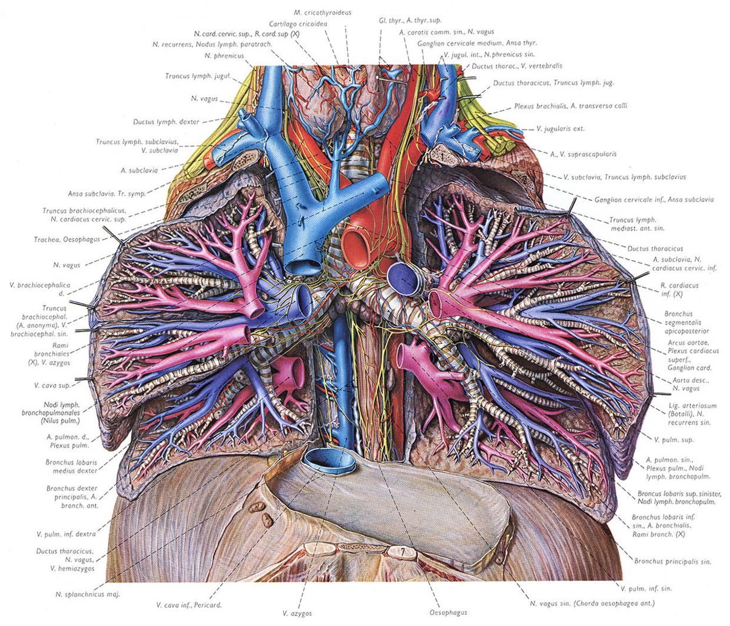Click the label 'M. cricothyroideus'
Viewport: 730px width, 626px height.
click(323, 13)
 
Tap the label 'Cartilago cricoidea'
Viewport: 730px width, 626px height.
click(298, 24)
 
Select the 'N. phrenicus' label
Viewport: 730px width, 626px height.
click(224, 55)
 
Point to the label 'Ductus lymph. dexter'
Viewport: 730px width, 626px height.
click(166, 122)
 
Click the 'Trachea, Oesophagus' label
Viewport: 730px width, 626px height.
click(67, 240)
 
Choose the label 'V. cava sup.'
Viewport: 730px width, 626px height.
click(52, 385)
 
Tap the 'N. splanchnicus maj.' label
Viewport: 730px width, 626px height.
click(88, 594)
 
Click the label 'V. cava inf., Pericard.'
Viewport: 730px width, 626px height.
click(189, 605)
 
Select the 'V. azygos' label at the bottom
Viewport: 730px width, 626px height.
click(297, 613)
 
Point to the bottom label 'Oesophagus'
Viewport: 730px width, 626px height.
click(448, 612)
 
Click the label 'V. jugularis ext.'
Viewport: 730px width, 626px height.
click(560, 129)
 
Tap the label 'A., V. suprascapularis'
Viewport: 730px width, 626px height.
click(583, 154)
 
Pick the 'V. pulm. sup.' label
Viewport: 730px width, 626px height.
click(674, 440)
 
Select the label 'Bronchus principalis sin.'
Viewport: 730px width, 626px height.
click(673, 561)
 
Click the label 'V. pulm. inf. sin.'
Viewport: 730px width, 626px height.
click(646, 588)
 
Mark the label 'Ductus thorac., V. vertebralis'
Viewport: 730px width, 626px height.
click(517, 66)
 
